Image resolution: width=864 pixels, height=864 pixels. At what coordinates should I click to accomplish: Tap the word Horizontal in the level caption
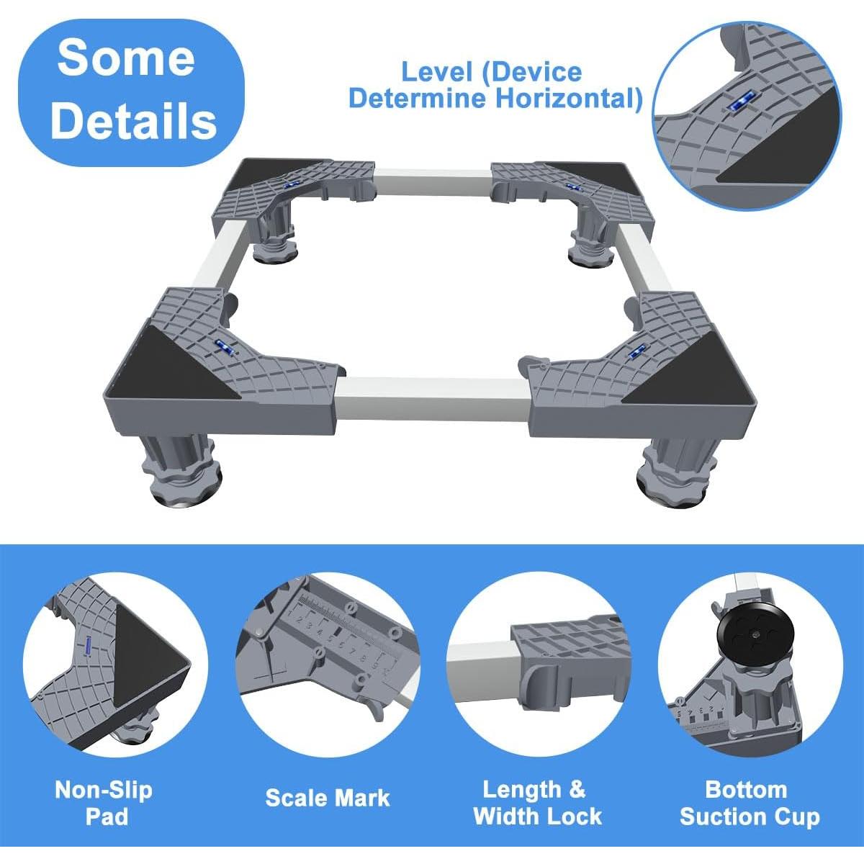pyautogui.click(x=567, y=98)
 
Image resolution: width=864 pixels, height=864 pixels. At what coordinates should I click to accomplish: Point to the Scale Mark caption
pyautogui.click(x=327, y=797)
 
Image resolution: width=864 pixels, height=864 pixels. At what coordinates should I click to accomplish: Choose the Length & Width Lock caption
pyautogui.click(x=537, y=802)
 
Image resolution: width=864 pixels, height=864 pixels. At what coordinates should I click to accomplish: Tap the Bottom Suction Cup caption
pyautogui.click(x=749, y=802)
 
